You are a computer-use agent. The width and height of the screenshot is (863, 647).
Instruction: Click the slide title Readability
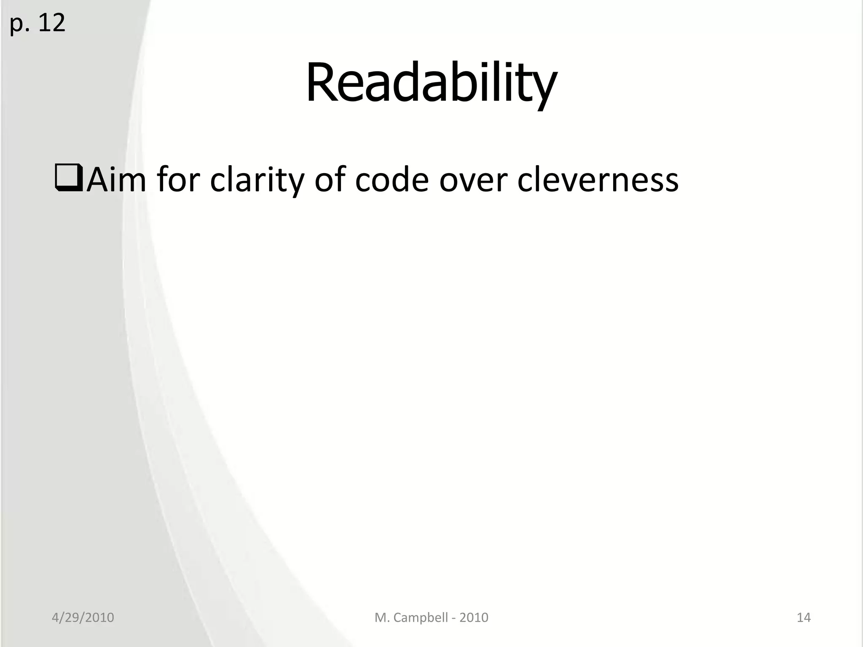click(x=431, y=83)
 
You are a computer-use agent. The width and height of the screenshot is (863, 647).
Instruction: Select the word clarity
click(x=257, y=180)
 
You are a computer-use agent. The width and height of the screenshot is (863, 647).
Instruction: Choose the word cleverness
click(x=598, y=180)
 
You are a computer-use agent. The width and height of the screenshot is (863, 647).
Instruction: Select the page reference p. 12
click(x=38, y=23)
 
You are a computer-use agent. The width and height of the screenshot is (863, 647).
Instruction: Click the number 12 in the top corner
click(x=51, y=23)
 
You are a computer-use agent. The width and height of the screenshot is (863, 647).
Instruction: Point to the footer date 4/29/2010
click(x=83, y=618)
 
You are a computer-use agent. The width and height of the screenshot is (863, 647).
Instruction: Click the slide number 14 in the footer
click(x=804, y=618)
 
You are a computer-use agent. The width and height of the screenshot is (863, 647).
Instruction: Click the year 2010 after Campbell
click(x=474, y=618)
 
